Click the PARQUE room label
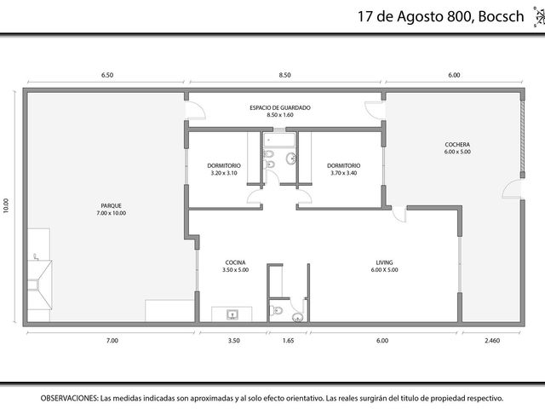[112, 210]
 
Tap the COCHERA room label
[457, 147]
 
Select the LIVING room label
[384, 266]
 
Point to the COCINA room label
[235, 266]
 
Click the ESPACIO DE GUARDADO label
[280, 112]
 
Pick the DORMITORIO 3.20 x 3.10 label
[224, 169]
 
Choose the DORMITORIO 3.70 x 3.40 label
[344, 169]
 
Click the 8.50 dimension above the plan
[284, 75]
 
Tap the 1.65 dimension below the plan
[288, 341]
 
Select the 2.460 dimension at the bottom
[492, 341]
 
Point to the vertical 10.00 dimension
[6, 205]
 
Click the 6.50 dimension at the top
[107, 75]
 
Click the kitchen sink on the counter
[232, 314]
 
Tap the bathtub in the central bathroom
[279, 140]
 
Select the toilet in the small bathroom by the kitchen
[276, 310]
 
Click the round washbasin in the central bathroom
[291, 158]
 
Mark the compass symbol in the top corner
[539, 16]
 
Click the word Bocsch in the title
[502, 16]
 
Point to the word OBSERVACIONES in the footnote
[69, 398]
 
